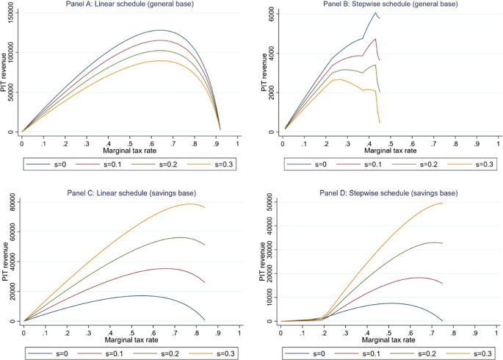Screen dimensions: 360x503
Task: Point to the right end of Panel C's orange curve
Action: coord(205,207)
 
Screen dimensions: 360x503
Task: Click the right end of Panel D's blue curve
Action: coord(443,321)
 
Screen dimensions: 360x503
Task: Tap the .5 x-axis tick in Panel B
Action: coord(390,142)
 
